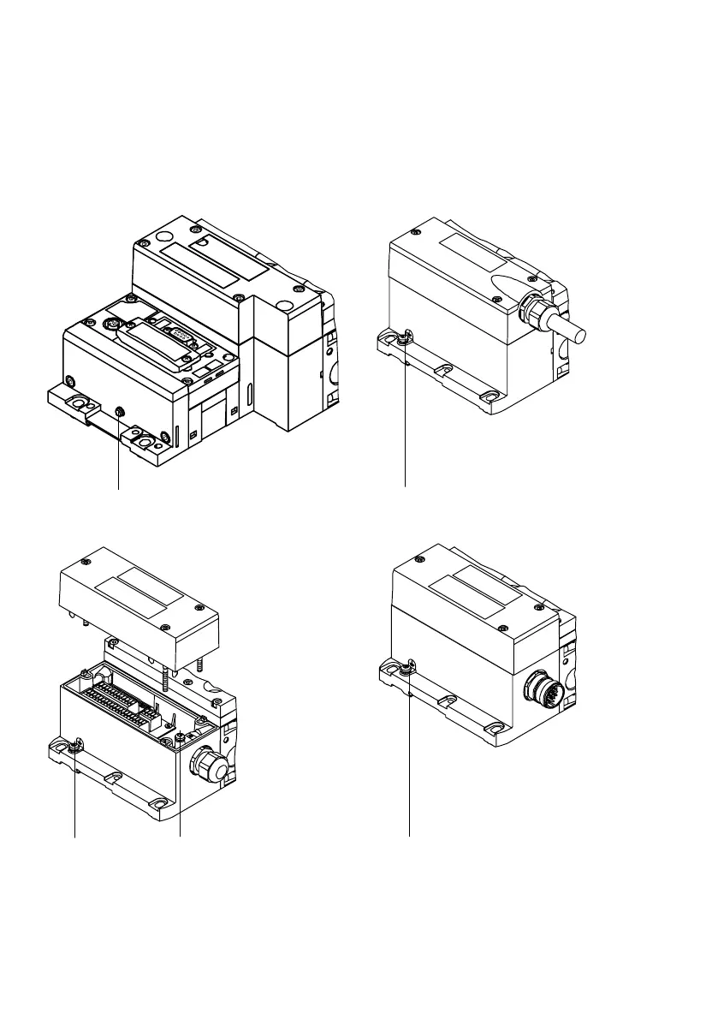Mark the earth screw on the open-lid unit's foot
[x=77, y=745]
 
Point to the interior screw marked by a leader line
[x=181, y=736]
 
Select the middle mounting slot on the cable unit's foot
[x=444, y=371]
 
